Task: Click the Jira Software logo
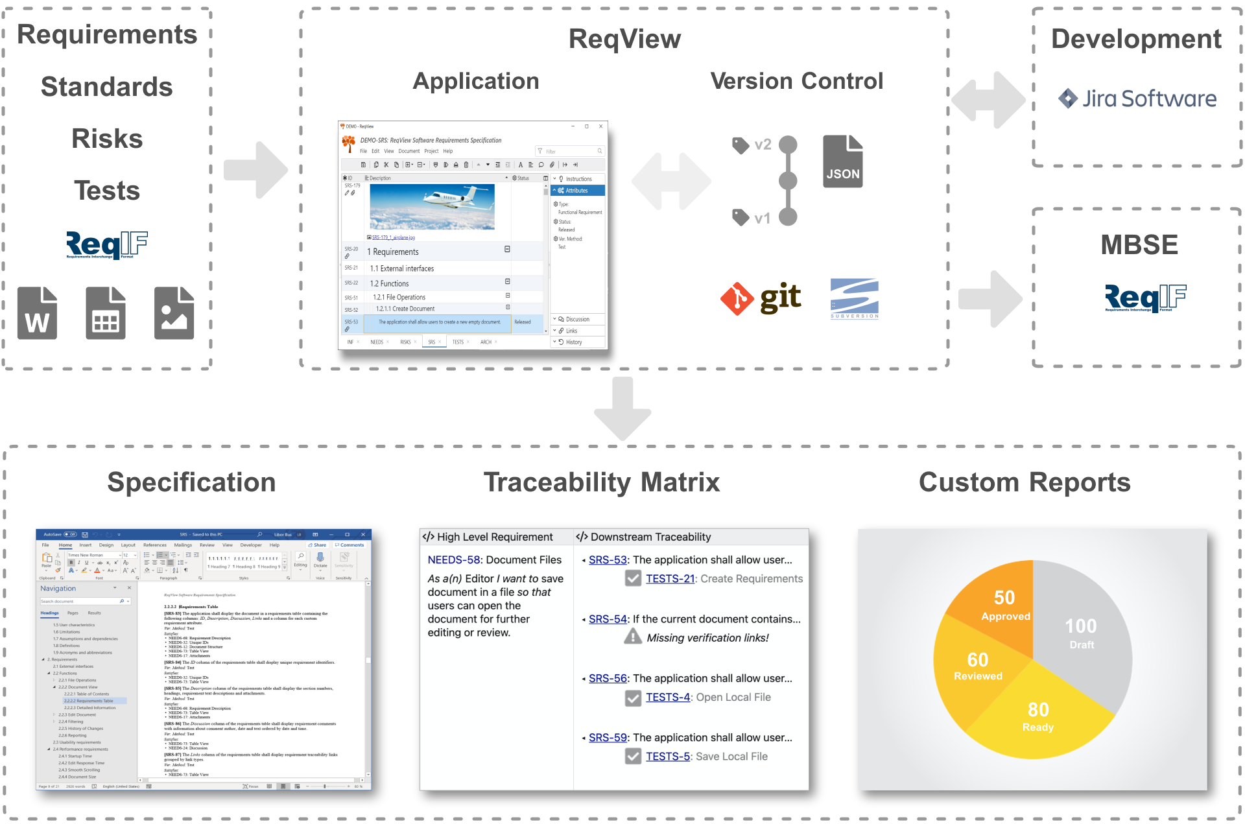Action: coord(1137,99)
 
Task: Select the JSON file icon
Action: coord(842,161)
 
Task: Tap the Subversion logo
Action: coord(854,298)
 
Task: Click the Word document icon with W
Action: coord(37,313)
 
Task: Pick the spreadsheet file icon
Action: coord(106,313)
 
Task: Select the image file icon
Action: coord(174,313)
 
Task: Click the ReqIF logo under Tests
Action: coord(107,244)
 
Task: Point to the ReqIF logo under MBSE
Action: coord(1145,298)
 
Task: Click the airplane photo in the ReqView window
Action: coord(432,207)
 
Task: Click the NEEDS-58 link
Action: coord(454,559)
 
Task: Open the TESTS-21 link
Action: coord(670,578)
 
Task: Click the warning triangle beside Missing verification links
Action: coord(633,637)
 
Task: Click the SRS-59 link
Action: coord(608,737)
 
